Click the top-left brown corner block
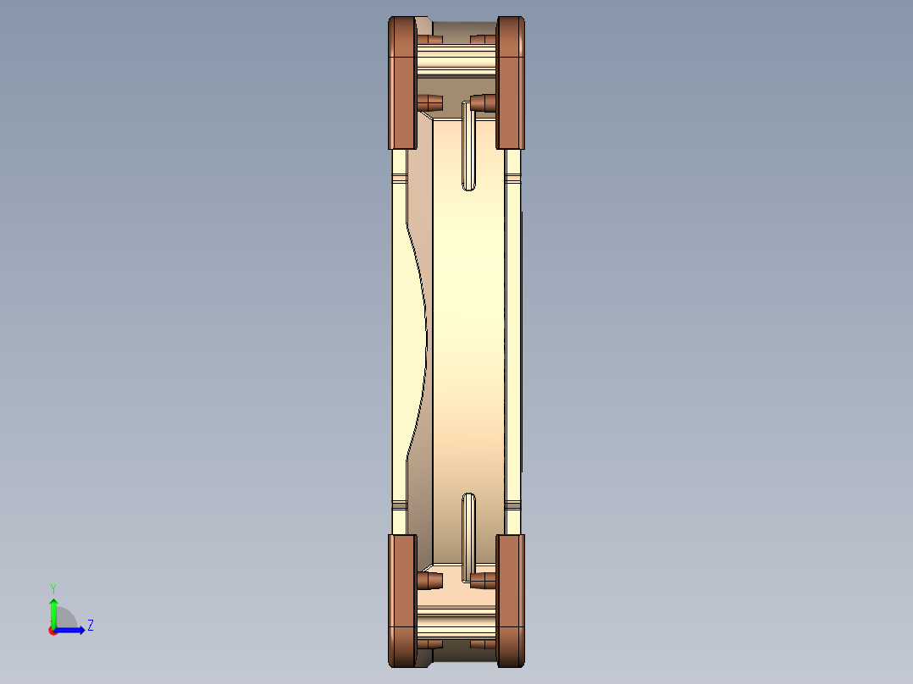pyautogui.click(x=401, y=83)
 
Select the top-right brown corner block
pyautogui.click(x=511, y=83)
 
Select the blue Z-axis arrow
pyautogui.click(x=72, y=630)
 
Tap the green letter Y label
pyautogui.click(x=53, y=587)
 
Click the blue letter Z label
pyautogui.click(x=90, y=626)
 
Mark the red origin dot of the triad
pyautogui.click(x=53, y=630)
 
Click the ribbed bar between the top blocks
pyautogui.click(x=456, y=59)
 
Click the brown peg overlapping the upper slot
pyautogui.click(x=484, y=103)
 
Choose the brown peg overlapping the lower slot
pyautogui.click(x=484, y=581)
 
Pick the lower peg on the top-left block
pyautogui.click(x=429, y=102)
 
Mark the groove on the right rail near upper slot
pyautogui.click(x=512, y=179)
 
